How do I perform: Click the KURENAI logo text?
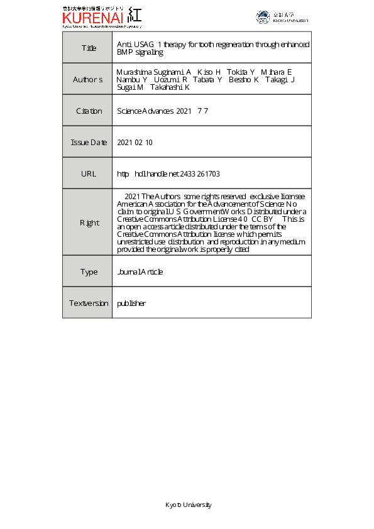[92, 17]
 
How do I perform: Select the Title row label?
[87, 48]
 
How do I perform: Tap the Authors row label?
[87, 80]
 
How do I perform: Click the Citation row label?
[88, 111]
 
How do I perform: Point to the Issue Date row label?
[88, 143]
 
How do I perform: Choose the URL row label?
[88, 173]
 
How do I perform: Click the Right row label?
[88, 222]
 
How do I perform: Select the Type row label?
[88, 272]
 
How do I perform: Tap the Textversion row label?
[88, 303]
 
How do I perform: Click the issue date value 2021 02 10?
[135, 143]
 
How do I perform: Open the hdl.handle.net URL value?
[168, 174]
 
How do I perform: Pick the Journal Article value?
[140, 272]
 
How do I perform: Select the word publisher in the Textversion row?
[131, 303]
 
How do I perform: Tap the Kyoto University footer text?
[188, 505]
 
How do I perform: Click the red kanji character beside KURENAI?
[134, 15]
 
